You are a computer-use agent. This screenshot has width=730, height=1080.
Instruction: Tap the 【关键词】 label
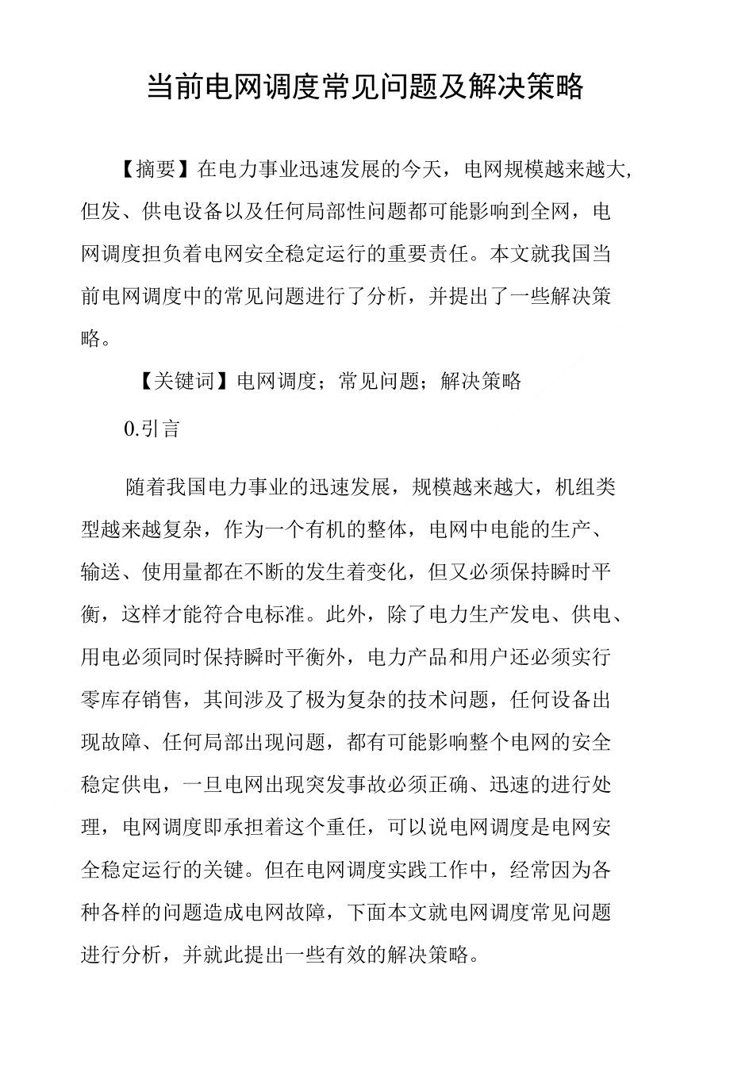(175, 381)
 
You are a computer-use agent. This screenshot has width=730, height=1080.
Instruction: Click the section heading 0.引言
(153, 429)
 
